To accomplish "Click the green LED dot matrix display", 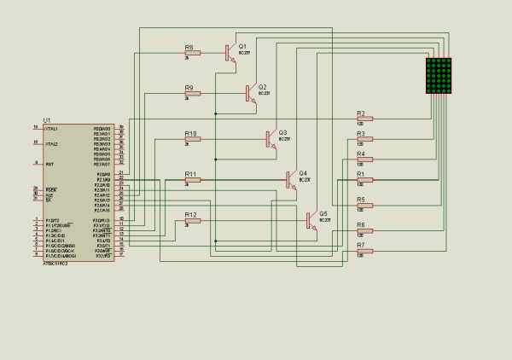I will (x=439, y=76).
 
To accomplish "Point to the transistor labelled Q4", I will (x=289, y=179).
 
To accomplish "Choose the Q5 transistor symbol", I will (x=310, y=220).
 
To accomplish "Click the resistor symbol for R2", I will (x=365, y=119).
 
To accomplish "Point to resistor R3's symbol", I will (x=365, y=140).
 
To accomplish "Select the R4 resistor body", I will (x=365, y=160).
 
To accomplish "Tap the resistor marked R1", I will (x=365, y=180).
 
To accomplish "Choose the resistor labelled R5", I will (x=365, y=205).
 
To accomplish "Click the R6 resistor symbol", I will (x=365, y=230).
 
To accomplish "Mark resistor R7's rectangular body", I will (x=365, y=250).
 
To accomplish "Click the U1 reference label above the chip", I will (x=47, y=119).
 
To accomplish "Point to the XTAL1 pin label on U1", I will (x=51, y=128).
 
